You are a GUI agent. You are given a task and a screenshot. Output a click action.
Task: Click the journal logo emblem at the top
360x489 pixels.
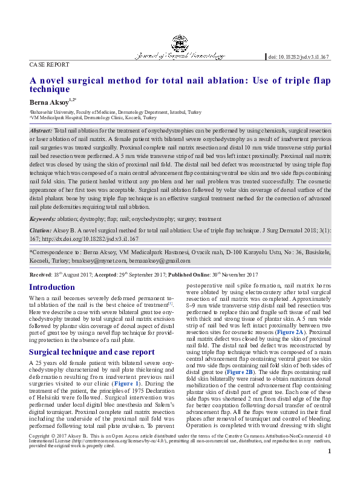click(179, 42)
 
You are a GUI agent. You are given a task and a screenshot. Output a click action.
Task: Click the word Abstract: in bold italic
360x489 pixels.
click(41, 131)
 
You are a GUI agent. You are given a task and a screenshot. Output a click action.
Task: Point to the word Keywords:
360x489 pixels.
click(44, 219)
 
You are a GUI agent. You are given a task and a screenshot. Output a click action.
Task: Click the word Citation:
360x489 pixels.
click(41, 232)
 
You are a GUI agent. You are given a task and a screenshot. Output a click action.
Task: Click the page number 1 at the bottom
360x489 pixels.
click(329, 468)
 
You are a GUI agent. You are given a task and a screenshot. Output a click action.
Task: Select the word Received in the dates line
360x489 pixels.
click(41, 274)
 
